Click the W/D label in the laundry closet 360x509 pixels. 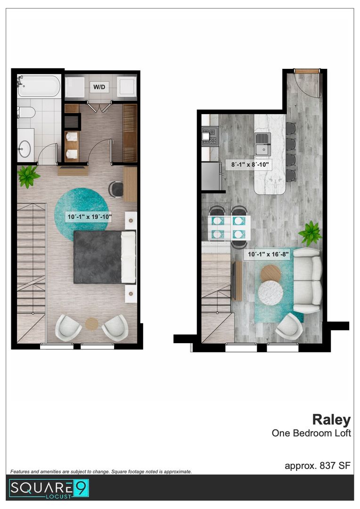coord(99,87)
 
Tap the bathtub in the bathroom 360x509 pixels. coord(39,86)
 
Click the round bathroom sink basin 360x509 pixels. coord(25,149)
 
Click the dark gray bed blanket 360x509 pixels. coord(98,257)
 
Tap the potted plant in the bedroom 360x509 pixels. coord(28,176)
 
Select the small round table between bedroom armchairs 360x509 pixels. coord(92,324)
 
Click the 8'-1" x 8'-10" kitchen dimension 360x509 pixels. coord(250,164)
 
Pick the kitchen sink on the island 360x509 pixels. coord(262,144)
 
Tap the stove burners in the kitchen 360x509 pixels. coord(210,136)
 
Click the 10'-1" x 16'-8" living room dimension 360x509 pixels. coord(268,254)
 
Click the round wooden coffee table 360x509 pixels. coord(271,273)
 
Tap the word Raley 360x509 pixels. coord(331,420)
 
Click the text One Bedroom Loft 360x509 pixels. coord(311,433)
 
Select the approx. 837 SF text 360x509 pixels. coord(318,466)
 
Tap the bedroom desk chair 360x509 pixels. coord(115,189)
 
